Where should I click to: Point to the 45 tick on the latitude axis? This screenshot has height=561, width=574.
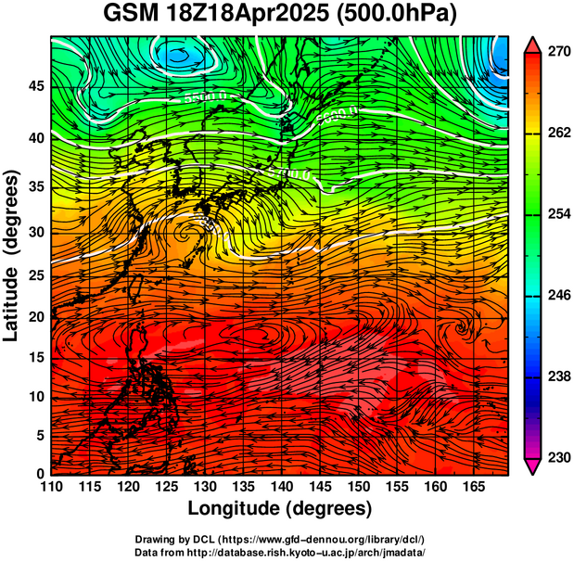[35, 86]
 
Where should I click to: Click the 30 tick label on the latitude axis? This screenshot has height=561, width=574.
[35, 232]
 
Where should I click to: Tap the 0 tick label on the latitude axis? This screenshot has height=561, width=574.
[40, 474]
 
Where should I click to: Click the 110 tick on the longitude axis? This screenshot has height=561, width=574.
[52, 487]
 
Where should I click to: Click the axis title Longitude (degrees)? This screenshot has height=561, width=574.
[280, 508]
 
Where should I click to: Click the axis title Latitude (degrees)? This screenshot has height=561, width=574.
[12, 255]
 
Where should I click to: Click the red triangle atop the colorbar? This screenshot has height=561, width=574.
[532, 45]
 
